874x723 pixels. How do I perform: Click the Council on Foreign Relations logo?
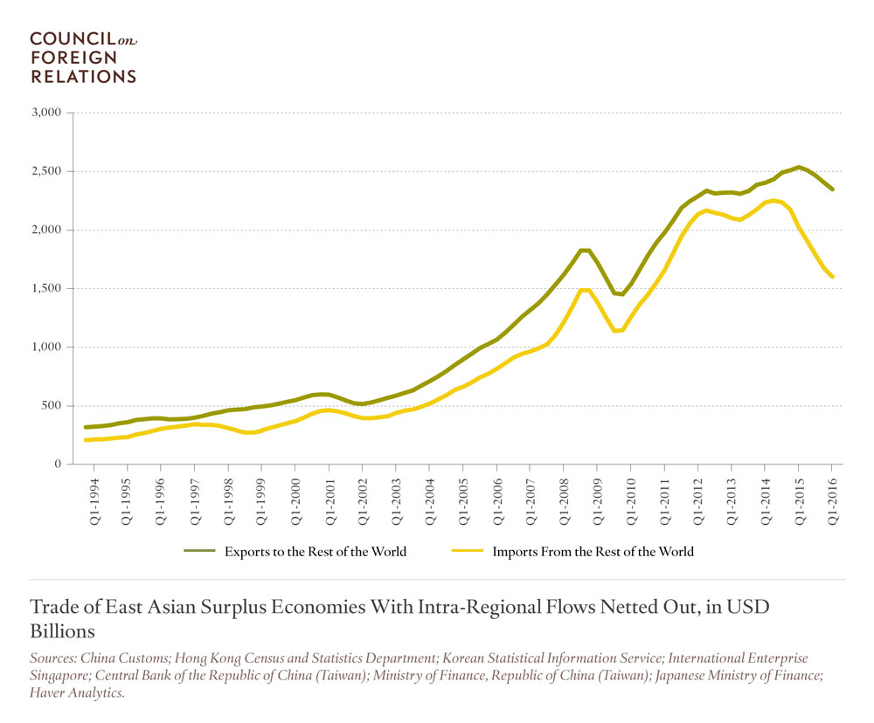pyautogui.click(x=84, y=58)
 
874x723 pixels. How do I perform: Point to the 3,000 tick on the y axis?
pyautogui.click(x=45, y=113)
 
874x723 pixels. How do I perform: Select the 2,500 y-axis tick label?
pyautogui.click(x=45, y=171)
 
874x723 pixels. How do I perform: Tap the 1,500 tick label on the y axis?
pyautogui.click(x=45, y=288)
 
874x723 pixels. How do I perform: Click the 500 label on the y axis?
pyautogui.click(x=51, y=406)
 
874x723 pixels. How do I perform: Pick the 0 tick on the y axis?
pyautogui.click(x=58, y=465)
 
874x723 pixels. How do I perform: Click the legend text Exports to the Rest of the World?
pyautogui.click(x=316, y=551)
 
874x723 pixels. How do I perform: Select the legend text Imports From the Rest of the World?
pyautogui.click(x=593, y=551)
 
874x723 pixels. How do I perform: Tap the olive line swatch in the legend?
pyautogui.click(x=199, y=551)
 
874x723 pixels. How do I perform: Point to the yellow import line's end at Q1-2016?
pyautogui.click(x=832, y=277)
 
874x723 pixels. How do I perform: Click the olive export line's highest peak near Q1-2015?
pyautogui.click(x=799, y=167)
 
